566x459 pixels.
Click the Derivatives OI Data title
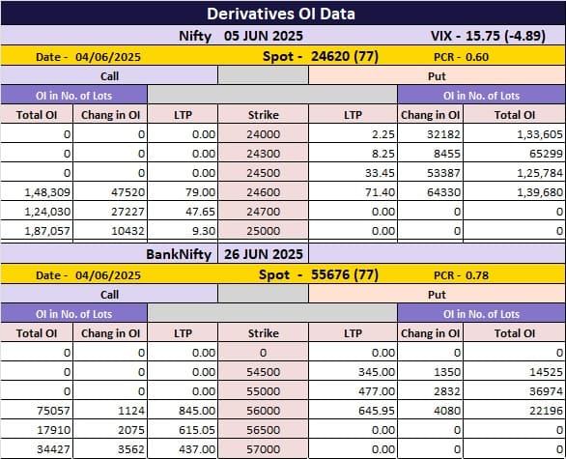(x=281, y=14)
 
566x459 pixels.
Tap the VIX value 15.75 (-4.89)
(x=505, y=36)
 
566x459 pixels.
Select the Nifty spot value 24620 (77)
(x=345, y=56)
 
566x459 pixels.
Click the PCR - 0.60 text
(x=461, y=57)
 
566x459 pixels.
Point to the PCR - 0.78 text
(x=461, y=275)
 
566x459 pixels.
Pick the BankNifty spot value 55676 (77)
(x=345, y=274)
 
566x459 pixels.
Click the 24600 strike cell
(x=264, y=192)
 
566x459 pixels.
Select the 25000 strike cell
(x=264, y=231)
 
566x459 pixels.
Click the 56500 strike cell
(x=264, y=430)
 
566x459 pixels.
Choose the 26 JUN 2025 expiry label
(x=264, y=254)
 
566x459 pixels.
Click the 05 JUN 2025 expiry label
(x=264, y=36)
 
